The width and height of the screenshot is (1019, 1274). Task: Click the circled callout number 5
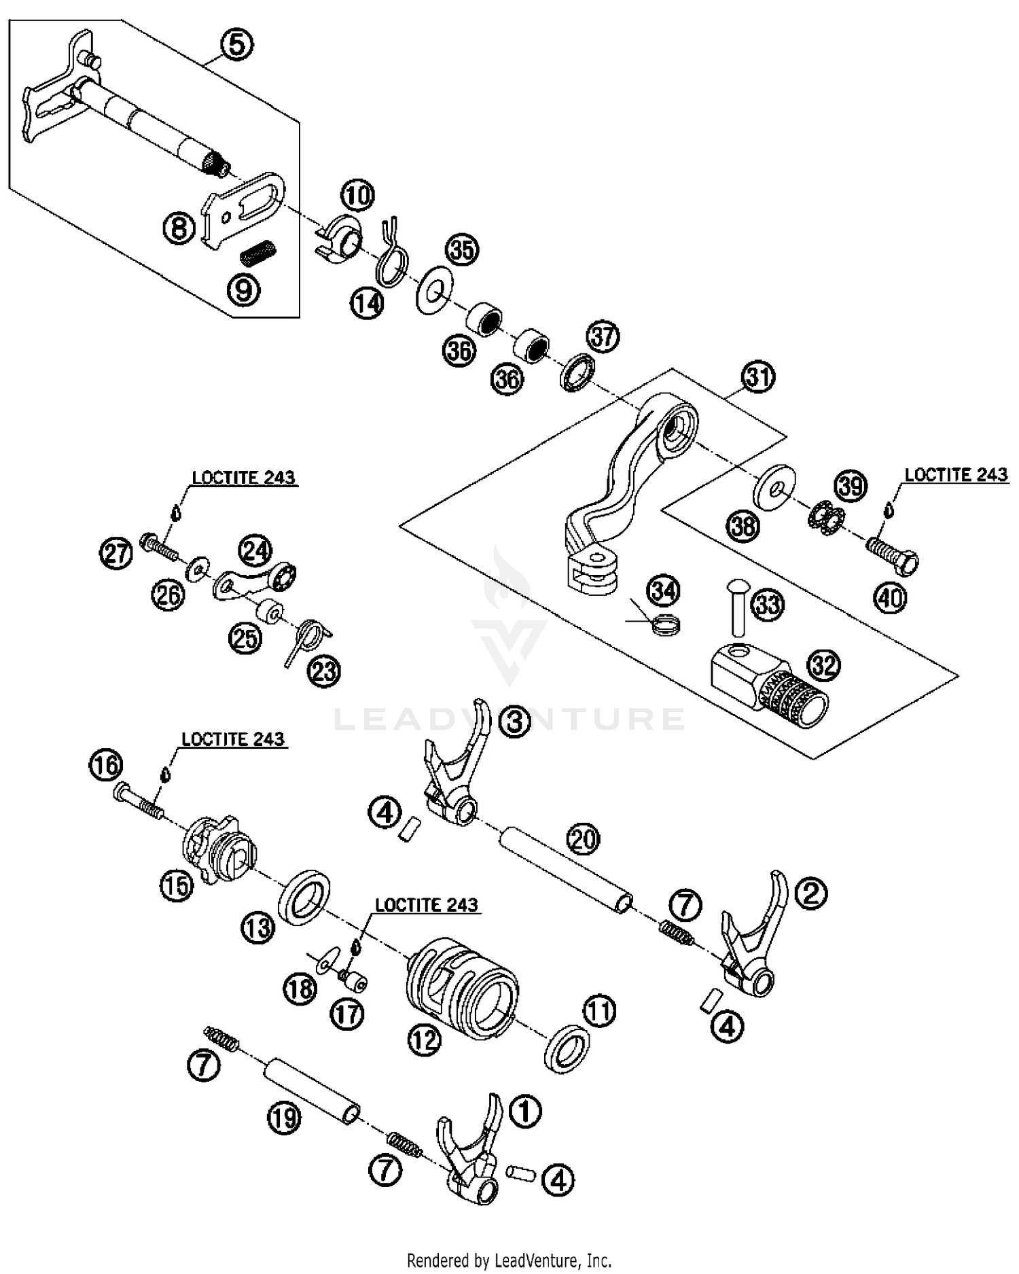tap(236, 46)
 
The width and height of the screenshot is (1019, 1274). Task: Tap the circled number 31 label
tap(758, 376)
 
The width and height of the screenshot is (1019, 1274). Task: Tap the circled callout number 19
tap(285, 1117)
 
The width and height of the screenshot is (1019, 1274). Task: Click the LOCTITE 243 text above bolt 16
tap(232, 739)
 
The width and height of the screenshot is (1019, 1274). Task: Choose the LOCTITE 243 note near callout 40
tap(956, 474)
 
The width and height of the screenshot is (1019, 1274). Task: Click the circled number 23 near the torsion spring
tap(323, 671)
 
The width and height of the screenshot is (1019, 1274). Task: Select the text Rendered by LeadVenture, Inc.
tap(509, 1260)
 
